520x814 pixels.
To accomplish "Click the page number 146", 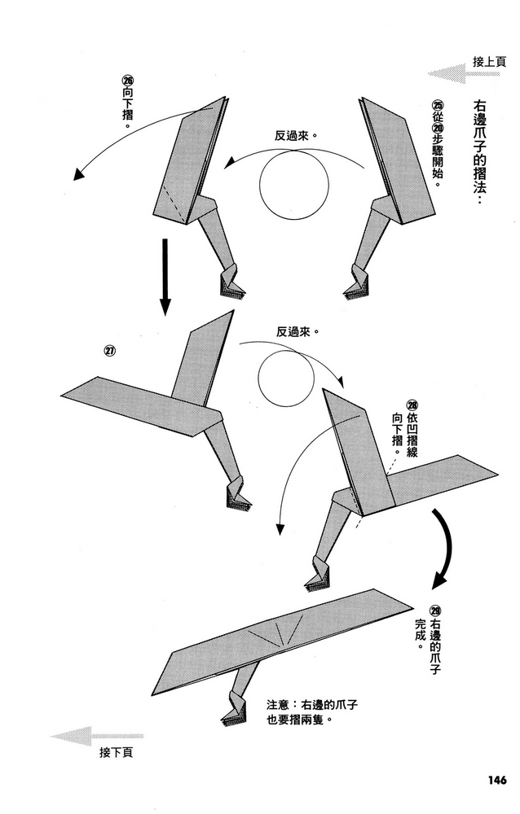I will [x=491, y=778].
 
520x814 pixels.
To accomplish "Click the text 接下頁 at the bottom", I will [x=115, y=753].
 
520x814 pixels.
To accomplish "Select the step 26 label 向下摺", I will [x=126, y=102].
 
